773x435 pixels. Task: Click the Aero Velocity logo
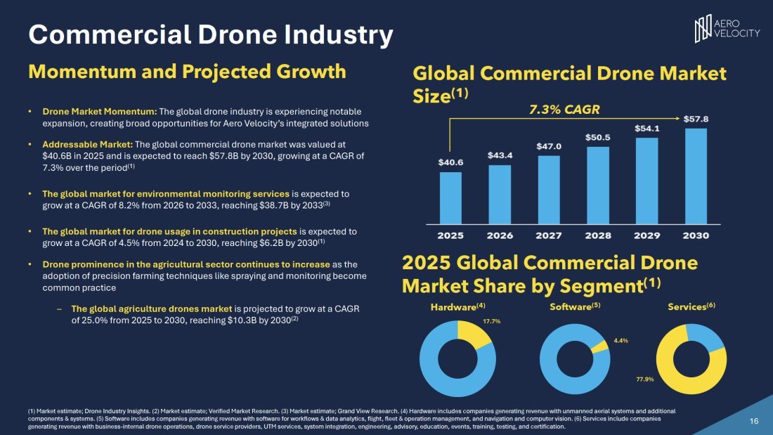pos(727,28)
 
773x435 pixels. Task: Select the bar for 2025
pos(450,197)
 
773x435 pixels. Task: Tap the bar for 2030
pos(695,175)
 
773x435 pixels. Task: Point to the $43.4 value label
pos(500,154)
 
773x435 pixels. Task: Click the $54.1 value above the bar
pos(647,129)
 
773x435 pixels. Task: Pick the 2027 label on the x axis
pos(548,235)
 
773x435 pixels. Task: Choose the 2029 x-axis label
pos(647,235)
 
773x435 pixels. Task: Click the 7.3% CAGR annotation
pos(564,110)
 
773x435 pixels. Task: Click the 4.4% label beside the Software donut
pos(621,340)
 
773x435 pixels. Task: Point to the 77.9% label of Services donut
pos(644,379)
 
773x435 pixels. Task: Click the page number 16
pos(754,421)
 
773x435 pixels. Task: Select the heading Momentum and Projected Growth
pos(186,72)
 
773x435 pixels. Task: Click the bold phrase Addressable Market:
pos(79,144)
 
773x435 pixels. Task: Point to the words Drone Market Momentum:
pos(100,112)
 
